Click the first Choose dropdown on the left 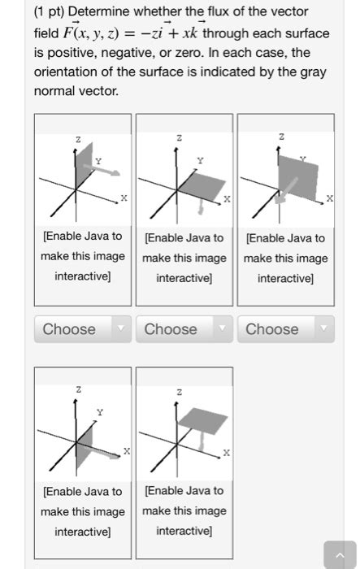(83, 329)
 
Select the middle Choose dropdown (184, 329)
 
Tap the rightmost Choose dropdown (286, 329)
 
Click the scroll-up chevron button (340, 555)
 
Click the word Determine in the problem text (98, 11)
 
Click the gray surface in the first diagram (85, 165)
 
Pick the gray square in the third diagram (298, 178)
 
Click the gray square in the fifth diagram (203, 421)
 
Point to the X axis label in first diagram (124, 198)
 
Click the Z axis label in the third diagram (282, 137)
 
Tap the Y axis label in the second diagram (201, 160)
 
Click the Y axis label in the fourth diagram (100, 412)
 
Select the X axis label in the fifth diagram (227, 453)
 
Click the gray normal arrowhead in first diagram (115, 172)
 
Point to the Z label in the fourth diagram (78, 389)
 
